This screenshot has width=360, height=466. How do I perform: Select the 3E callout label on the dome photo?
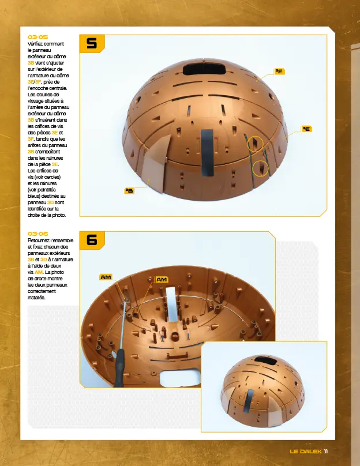pyautogui.click(x=306, y=129)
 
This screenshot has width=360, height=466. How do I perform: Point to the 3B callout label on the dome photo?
pyautogui.click(x=130, y=190)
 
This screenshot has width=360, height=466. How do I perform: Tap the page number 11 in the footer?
pyautogui.click(x=326, y=451)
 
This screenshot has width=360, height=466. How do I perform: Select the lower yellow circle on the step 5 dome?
pyautogui.click(x=261, y=168)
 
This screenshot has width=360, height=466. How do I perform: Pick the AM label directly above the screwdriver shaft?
pyautogui.click(x=106, y=277)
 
